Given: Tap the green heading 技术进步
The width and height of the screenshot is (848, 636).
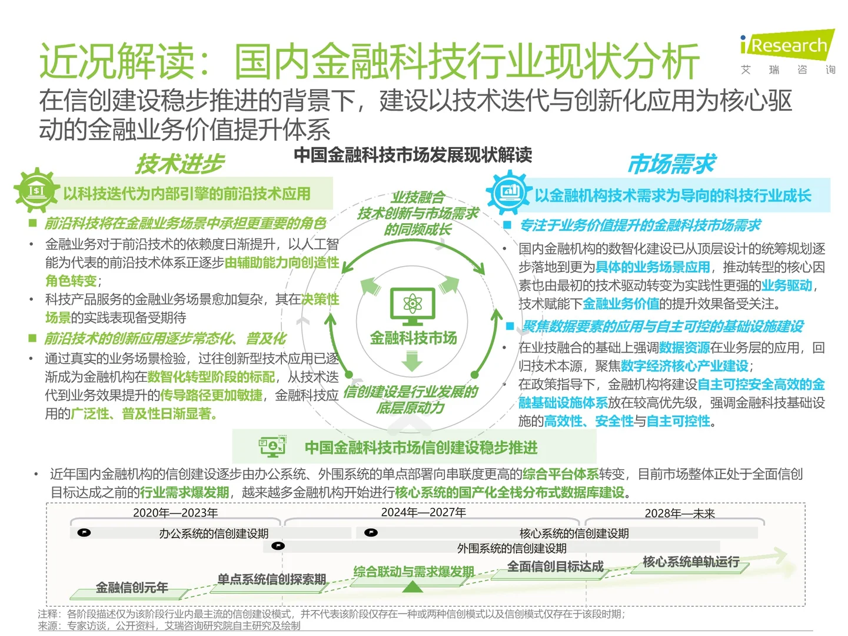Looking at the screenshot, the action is click(x=180, y=164).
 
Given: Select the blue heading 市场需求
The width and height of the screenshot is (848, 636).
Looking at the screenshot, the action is click(x=672, y=164).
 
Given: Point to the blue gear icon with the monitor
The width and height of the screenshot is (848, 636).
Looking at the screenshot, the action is click(x=508, y=191).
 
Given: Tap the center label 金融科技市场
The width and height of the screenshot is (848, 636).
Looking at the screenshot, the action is click(x=413, y=338).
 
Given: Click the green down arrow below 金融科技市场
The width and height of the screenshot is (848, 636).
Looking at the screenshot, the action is click(x=413, y=361).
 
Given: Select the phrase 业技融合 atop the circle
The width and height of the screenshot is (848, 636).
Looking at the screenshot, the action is click(x=418, y=197).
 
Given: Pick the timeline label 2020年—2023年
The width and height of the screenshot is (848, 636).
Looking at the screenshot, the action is click(x=175, y=513).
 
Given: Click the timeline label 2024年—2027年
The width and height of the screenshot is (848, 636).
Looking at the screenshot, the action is click(x=424, y=512).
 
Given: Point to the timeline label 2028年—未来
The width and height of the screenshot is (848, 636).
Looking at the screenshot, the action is click(x=680, y=514).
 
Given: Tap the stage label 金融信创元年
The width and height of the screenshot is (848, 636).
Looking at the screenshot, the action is click(x=132, y=587).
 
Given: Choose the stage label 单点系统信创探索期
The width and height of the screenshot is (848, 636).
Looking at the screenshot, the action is click(x=272, y=579).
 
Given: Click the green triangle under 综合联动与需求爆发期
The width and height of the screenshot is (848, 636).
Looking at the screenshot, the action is click(x=413, y=587).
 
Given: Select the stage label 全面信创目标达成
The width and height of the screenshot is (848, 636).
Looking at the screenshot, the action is click(x=556, y=567).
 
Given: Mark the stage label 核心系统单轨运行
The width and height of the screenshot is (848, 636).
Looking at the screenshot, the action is click(x=691, y=562).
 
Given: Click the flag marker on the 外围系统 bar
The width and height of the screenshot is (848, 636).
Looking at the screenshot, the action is click(x=278, y=546).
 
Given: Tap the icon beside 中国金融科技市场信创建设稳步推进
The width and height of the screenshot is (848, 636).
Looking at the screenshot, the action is click(x=272, y=447).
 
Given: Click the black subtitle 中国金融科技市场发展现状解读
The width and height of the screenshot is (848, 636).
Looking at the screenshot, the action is click(x=413, y=155).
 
